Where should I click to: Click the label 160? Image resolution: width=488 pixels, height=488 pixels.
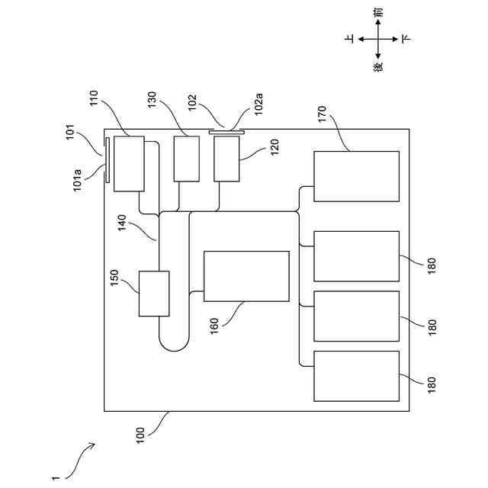[215, 326]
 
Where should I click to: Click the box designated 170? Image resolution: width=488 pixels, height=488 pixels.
[356, 176]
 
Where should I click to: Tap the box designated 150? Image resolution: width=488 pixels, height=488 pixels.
[154, 294]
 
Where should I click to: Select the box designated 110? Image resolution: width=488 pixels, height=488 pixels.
[129, 163]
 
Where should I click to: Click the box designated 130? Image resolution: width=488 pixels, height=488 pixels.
[186, 158]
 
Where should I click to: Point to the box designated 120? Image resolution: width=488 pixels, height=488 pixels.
[227, 158]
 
